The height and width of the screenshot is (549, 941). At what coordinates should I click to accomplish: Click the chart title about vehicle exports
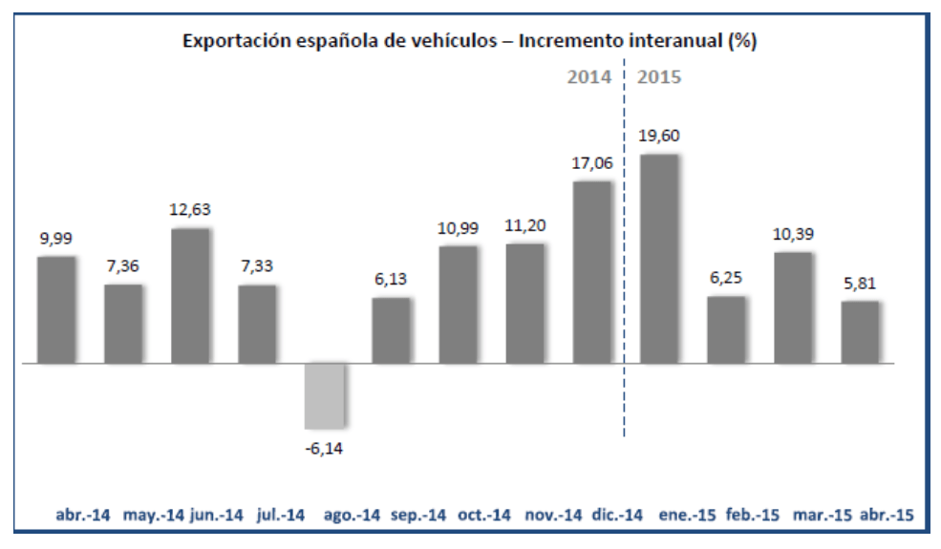pyautogui.click(x=470, y=42)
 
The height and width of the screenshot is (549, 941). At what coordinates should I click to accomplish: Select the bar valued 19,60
pyautogui.click(x=659, y=258)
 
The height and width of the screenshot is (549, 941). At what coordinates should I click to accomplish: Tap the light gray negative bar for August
pyautogui.click(x=324, y=395)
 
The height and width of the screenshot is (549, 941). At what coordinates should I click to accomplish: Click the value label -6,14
pyautogui.click(x=324, y=447)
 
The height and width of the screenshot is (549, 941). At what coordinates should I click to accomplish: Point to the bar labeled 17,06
pyautogui.click(x=592, y=272)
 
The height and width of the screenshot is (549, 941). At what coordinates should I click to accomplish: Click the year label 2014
pyautogui.click(x=588, y=77)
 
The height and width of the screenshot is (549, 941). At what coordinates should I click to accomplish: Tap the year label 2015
pyautogui.click(x=659, y=77)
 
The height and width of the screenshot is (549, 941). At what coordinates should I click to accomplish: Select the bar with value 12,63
pyautogui.click(x=190, y=296)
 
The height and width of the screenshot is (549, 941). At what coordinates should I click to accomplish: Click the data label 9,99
pyautogui.click(x=55, y=239)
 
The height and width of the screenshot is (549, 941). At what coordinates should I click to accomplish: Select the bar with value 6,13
pyautogui.click(x=391, y=330)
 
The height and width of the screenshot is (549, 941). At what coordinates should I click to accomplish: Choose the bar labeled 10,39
pyautogui.click(x=793, y=307)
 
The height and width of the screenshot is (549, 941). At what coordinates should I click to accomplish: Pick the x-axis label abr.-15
pyautogui.click(x=888, y=516)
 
